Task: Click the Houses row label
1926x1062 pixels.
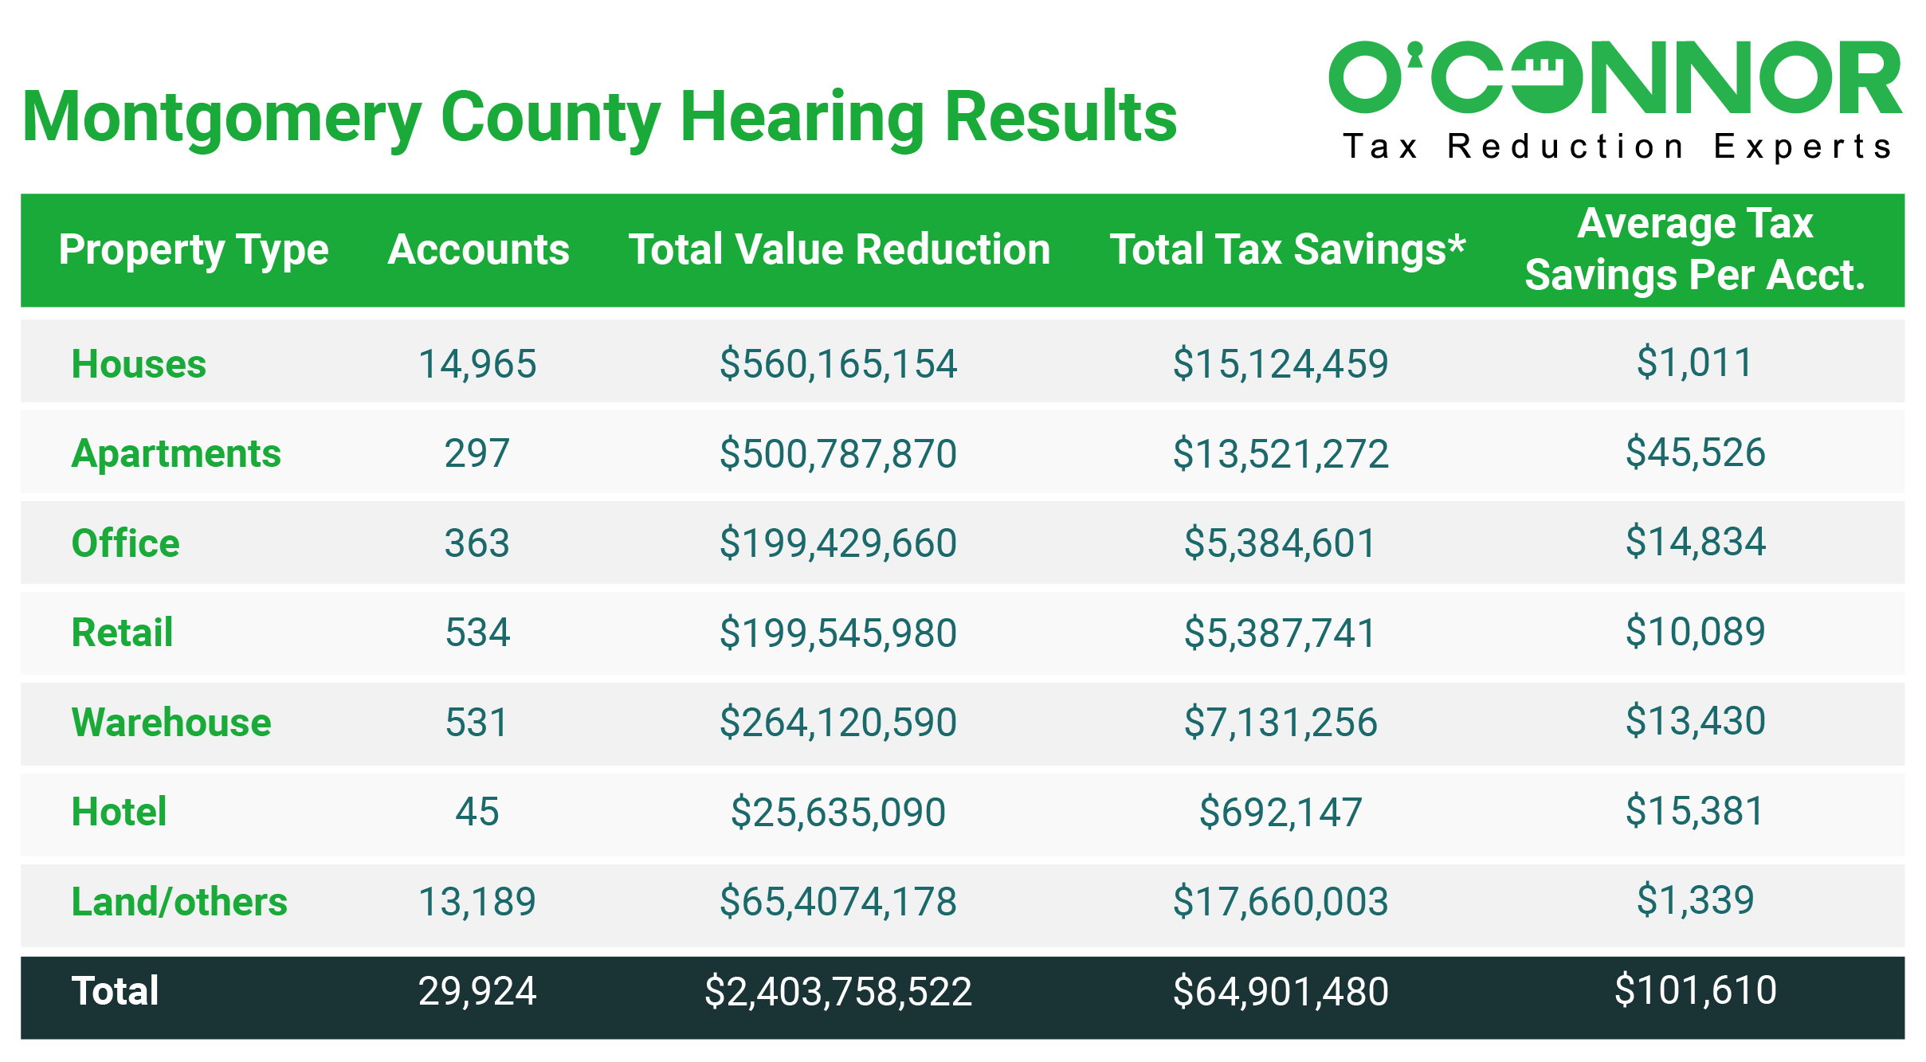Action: (x=139, y=364)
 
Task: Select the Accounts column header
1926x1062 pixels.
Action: (x=478, y=249)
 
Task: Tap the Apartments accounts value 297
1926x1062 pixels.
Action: (x=477, y=453)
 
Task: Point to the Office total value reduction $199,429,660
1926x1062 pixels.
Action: (x=837, y=543)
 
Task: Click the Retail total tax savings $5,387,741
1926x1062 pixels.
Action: (x=1280, y=633)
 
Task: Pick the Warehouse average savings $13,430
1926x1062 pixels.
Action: (x=1695, y=721)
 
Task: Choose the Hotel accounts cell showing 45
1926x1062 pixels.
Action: (x=477, y=812)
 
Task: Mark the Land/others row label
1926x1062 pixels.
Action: (x=179, y=902)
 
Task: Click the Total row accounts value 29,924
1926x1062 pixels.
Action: (x=477, y=991)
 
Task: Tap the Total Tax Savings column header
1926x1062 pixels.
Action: (x=1287, y=249)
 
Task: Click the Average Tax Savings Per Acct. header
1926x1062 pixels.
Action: (x=1695, y=249)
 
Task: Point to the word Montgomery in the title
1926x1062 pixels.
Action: (x=221, y=118)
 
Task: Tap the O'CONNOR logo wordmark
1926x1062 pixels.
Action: (x=1614, y=78)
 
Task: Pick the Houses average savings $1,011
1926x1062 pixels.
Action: (x=1695, y=362)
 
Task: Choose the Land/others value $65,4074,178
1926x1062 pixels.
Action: (x=837, y=902)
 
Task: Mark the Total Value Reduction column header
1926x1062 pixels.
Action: (x=839, y=249)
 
